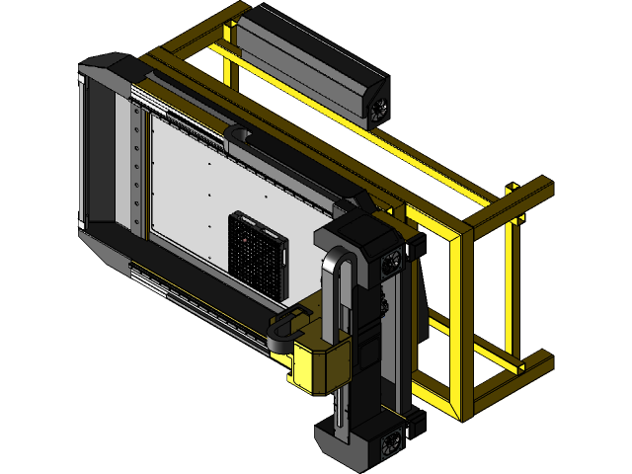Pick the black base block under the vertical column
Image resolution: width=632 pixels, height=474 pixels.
[351, 444]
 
